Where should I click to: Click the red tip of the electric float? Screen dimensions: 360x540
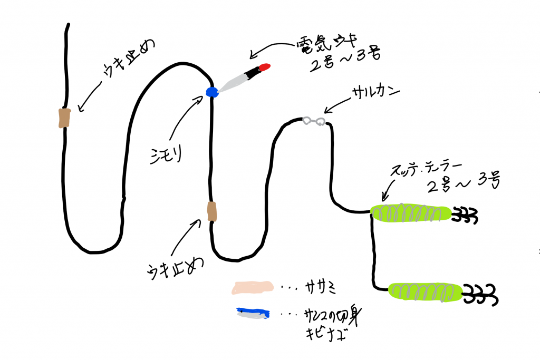(265, 67)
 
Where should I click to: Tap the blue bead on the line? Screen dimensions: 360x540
(212, 92)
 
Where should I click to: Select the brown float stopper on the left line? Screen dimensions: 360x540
(64, 118)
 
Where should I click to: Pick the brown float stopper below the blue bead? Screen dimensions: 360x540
(212, 211)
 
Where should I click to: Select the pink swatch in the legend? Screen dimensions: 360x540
(253, 288)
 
